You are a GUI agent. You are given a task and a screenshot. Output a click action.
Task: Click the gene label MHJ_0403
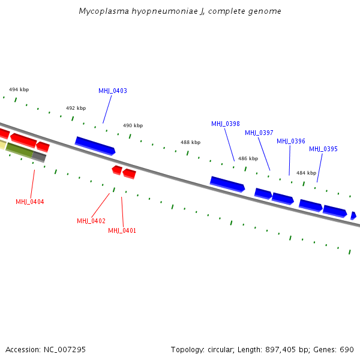click(x=113, y=91)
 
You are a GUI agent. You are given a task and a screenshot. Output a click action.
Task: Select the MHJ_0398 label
click(x=226, y=124)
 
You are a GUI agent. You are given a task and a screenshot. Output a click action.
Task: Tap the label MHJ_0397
click(x=259, y=133)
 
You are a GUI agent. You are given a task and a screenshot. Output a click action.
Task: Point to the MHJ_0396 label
click(x=291, y=142)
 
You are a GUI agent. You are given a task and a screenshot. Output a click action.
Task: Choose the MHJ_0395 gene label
click(x=323, y=149)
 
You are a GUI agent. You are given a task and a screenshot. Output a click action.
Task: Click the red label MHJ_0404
click(x=30, y=202)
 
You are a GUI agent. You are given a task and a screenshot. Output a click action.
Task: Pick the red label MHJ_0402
click(x=91, y=221)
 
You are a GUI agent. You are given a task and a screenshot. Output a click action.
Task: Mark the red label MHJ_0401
click(x=122, y=231)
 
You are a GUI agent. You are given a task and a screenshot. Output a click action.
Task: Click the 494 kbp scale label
click(x=19, y=89)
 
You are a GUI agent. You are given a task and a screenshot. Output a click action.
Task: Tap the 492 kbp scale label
click(x=76, y=109)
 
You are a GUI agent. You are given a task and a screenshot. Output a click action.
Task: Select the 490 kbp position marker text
click(x=133, y=126)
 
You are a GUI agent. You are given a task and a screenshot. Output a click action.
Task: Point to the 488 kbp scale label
click(x=190, y=143)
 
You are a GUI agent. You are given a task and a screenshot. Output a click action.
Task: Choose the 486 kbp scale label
click(x=248, y=159)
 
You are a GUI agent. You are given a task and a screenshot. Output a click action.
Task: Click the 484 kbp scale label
click(x=306, y=173)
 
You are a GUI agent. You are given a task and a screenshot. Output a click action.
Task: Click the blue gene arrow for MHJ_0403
click(x=95, y=146)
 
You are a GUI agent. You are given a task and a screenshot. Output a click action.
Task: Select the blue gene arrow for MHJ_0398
click(x=227, y=184)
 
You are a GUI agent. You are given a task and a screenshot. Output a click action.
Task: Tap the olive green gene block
click(x=19, y=151)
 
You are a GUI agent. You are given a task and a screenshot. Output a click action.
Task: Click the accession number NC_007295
click(x=63, y=349)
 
